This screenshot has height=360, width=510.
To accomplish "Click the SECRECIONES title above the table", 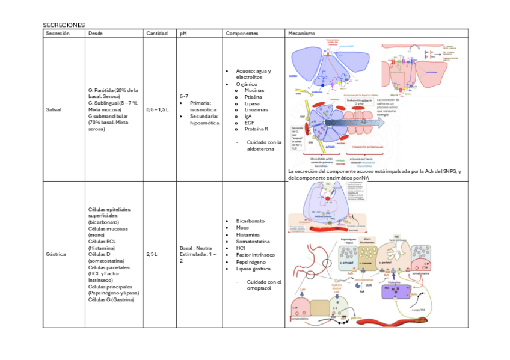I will click(x=64, y=25).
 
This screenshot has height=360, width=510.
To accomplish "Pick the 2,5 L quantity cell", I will click(x=152, y=254).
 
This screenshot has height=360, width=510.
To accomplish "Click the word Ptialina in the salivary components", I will click(x=253, y=97).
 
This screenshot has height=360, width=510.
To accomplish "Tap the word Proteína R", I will click(x=256, y=129).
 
